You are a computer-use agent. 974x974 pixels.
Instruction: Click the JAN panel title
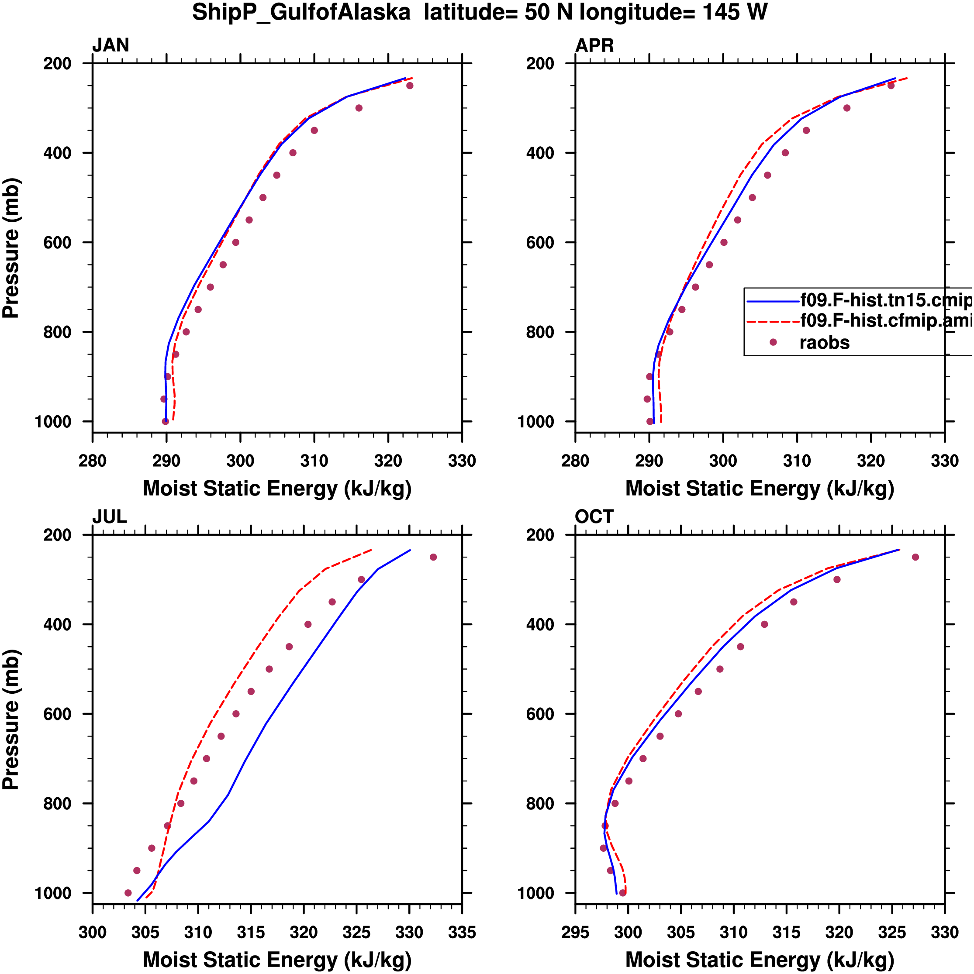[111, 45]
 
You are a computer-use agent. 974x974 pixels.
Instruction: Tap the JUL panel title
[109, 517]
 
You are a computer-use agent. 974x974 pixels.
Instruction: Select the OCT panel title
[594, 517]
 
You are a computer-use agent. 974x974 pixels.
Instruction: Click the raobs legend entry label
[824, 343]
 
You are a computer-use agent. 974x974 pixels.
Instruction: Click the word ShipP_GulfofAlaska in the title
[301, 12]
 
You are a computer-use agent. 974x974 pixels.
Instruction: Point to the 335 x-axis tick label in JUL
[462, 932]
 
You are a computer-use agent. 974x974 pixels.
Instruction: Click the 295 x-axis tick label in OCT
[575, 932]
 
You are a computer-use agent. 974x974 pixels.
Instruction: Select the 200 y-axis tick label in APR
[540, 64]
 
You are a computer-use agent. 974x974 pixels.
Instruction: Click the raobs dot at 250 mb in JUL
[433, 557]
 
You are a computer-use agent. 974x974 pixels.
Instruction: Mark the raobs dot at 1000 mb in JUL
[128, 893]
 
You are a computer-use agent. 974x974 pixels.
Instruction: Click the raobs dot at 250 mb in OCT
[915, 557]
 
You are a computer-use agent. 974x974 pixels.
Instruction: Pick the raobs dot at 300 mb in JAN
[359, 108]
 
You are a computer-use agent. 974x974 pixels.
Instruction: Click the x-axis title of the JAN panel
[277, 489]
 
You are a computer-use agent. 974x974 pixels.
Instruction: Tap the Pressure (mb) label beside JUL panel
[11, 719]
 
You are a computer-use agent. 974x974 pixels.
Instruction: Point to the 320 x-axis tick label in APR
[870, 461]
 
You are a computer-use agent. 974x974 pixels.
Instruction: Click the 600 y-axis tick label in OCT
[540, 714]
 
